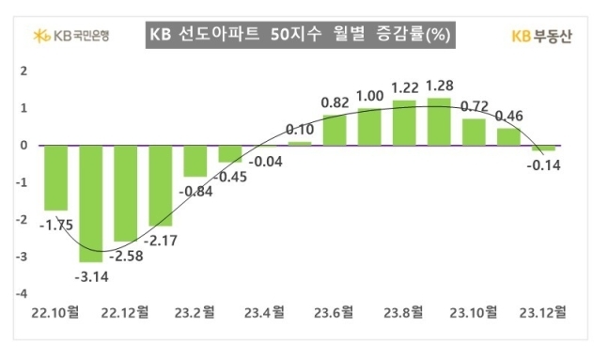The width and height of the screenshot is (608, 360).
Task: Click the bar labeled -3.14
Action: click(91, 203)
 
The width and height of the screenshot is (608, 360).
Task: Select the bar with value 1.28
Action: click(439, 122)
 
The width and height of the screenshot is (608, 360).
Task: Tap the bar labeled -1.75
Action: click(55, 178)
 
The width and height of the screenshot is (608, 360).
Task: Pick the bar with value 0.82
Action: click(334, 131)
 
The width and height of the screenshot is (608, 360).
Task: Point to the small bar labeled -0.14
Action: click(543, 148)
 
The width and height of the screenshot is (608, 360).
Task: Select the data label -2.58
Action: click(128, 256)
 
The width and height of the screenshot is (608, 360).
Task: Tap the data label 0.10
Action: click(299, 130)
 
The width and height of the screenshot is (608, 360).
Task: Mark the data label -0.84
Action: click(197, 191)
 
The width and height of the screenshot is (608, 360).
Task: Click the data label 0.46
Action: click(508, 117)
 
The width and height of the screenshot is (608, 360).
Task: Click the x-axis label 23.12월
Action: click(544, 309)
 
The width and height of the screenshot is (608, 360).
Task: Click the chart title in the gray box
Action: click(303, 35)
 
